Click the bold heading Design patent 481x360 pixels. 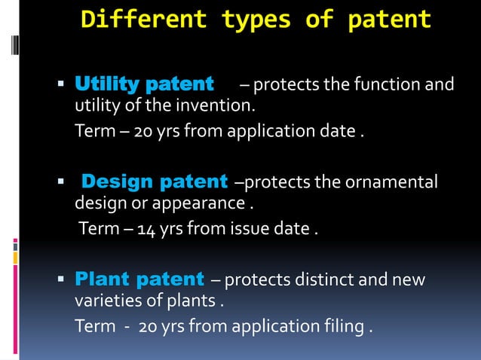[x=155, y=182]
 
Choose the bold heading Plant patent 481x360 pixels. [x=139, y=280]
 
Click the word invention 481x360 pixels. [x=218, y=103]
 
